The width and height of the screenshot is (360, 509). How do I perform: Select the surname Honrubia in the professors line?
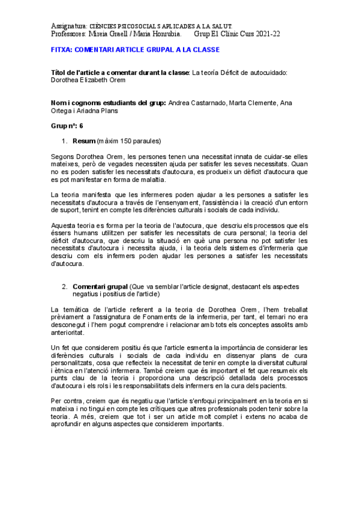point(160,35)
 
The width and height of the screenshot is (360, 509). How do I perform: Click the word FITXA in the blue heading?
point(62,50)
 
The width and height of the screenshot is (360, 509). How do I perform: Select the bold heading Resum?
point(83,141)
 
